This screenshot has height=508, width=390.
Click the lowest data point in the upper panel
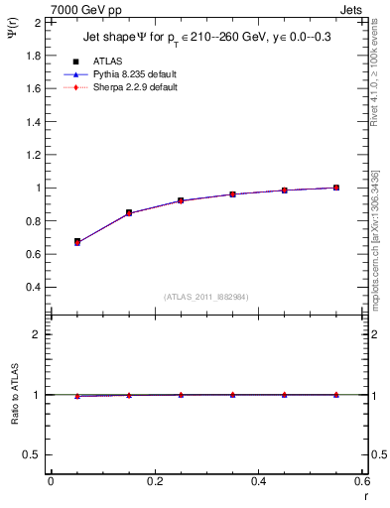coord(77,241)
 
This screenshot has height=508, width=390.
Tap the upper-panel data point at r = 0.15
coord(129,212)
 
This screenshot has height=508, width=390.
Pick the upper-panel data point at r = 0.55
coord(336,188)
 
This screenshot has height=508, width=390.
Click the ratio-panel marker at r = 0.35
coord(233,394)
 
